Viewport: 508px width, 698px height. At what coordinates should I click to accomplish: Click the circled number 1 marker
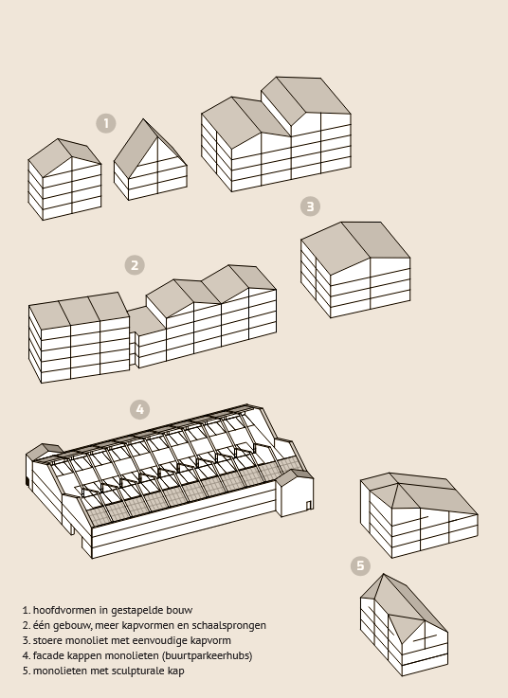(106, 123)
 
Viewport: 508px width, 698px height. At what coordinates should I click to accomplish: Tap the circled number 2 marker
(135, 265)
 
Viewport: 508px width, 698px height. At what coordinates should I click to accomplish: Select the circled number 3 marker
(310, 206)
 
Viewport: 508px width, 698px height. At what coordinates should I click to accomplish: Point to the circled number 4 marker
(140, 409)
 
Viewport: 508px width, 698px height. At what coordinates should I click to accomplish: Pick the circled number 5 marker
(360, 565)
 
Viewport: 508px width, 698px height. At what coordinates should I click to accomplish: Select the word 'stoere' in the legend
(47, 640)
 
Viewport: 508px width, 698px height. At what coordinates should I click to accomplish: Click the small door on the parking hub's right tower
(308, 505)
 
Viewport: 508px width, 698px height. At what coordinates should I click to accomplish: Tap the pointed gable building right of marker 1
(151, 159)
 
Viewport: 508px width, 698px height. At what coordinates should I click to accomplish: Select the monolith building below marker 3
(355, 269)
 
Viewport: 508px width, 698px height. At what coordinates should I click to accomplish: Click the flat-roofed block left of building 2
(79, 337)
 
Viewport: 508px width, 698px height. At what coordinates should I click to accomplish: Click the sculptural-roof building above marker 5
(419, 515)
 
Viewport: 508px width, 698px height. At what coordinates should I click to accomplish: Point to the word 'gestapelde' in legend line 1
(137, 610)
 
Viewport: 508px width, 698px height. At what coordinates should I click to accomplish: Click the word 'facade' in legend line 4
(48, 655)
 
